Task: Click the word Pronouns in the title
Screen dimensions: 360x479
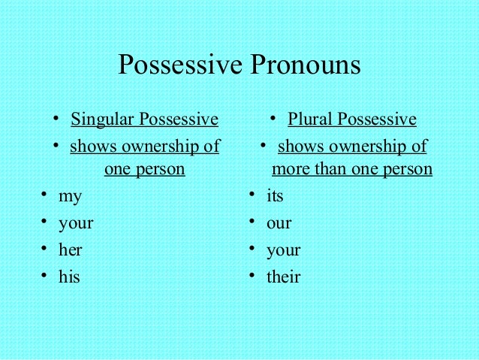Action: (x=305, y=65)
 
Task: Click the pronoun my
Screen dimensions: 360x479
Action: (x=71, y=197)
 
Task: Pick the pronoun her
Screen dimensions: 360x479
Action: (x=70, y=250)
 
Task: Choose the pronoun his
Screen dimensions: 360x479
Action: (x=69, y=277)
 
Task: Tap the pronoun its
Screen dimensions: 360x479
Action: (x=275, y=196)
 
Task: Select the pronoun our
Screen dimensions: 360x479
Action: (x=279, y=224)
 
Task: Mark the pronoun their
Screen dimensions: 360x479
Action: (x=283, y=277)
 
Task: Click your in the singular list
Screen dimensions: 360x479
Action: (x=76, y=223)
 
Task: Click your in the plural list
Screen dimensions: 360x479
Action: (x=283, y=250)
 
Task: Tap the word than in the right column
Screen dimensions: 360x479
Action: (x=330, y=169)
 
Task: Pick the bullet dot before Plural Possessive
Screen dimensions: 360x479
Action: (x=275, y=119)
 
